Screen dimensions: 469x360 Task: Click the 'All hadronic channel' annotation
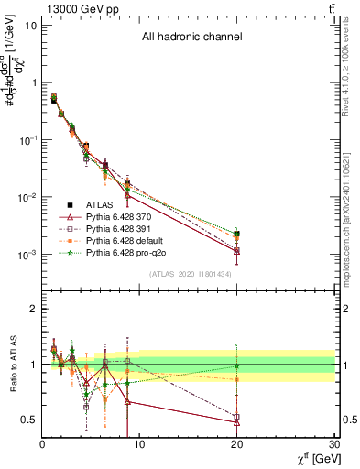[x=191, y=38]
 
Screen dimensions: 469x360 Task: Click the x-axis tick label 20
[x=237, y=445]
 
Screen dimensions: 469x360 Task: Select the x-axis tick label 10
[x=139, y=445]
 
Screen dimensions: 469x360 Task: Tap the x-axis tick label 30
[x=334, y=445]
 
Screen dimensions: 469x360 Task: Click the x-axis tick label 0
[x=42, y=445]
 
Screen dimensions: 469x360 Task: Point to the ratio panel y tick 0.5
[x=29, y=420]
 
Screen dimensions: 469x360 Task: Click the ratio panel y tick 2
[x=33, y=309]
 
